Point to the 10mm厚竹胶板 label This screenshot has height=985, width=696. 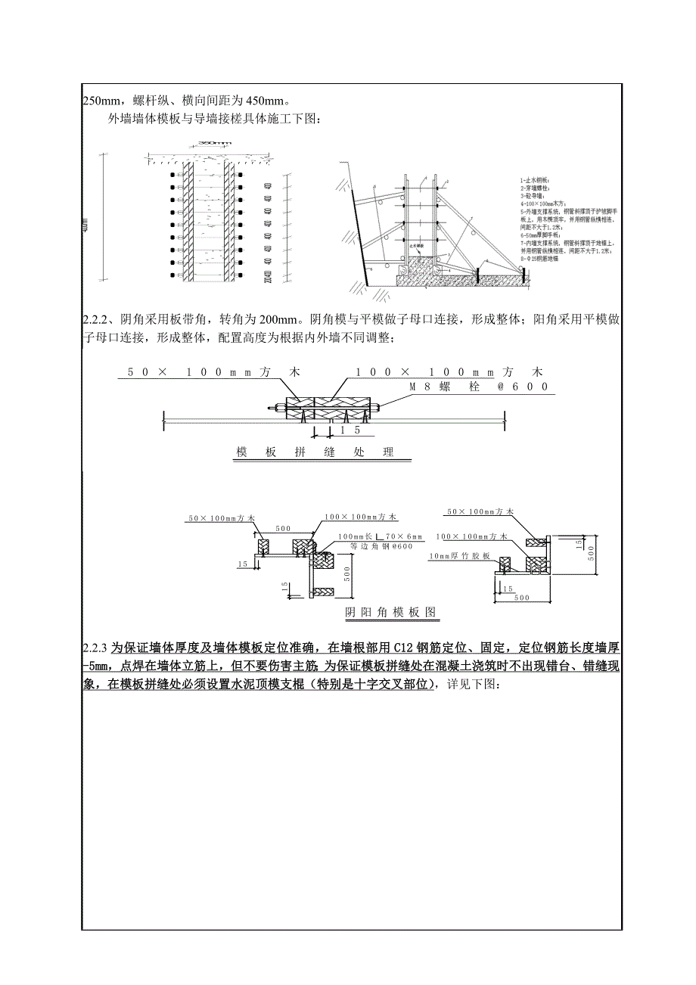(460, 556)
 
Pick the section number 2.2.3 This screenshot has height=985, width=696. (95, 648)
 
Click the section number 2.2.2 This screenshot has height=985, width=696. (98, 320)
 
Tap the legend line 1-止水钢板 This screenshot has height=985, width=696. (534, 179)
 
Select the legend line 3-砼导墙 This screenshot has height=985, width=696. (532, 196)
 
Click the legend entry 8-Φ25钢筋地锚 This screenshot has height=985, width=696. (542, 259)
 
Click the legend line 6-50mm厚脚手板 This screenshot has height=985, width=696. (539, 235)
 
